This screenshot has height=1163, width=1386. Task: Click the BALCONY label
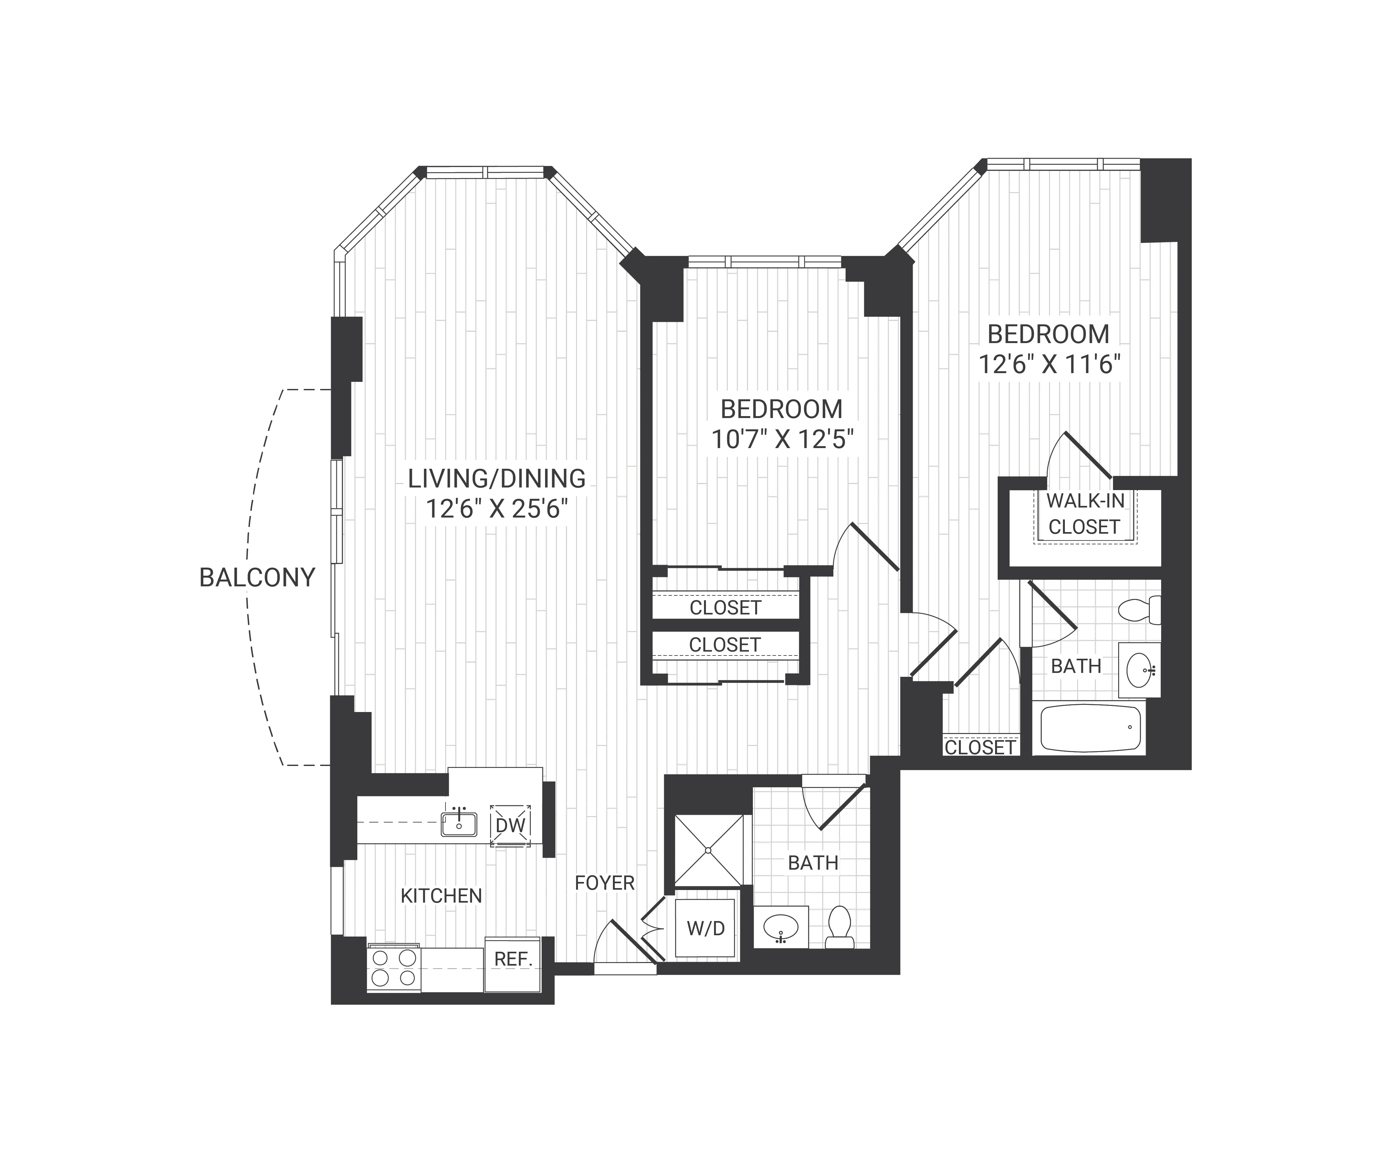[257, 578]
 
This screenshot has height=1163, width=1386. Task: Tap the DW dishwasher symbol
[510, 825]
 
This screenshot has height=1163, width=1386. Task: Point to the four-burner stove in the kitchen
[394, 968]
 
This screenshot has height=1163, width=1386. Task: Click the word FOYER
[604, 883]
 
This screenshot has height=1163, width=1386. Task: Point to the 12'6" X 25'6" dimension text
[496, 509]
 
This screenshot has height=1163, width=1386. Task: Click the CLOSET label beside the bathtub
[980, 747]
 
